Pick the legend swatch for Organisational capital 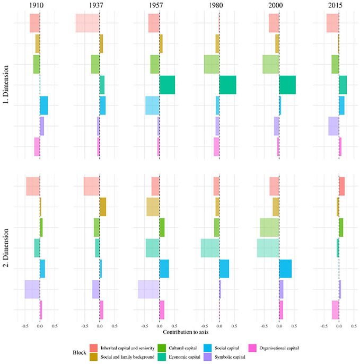click(x=254, y=348)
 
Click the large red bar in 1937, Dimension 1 click(x=87, y=23)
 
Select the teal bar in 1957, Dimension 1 click(x=167, y=85)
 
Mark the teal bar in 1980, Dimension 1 click(x=227, y=85)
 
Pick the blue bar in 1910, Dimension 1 click(x=44, y=105)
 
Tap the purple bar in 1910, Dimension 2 click(x=32, y=289)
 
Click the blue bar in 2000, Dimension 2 click(x=285, y=269)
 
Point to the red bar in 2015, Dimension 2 click(x=342, y=186)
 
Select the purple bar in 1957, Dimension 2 click(x=148, y=289)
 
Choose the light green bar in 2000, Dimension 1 click(x=270, y=64)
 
